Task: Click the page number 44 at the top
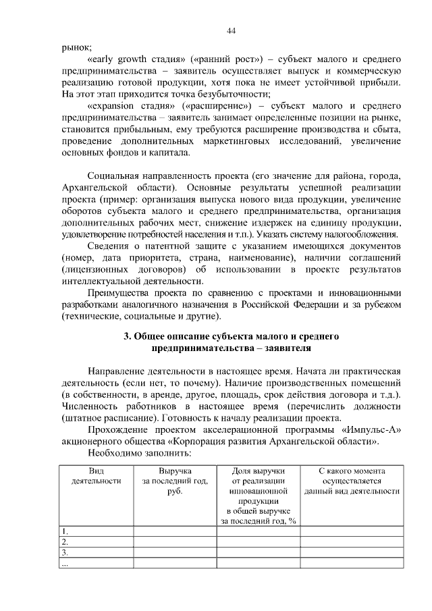(x=231, y=31)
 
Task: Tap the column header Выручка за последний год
(x=175, y=481)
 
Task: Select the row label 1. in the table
(x=65, y=531)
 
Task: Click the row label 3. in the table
(x=65, y=553)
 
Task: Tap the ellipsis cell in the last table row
(x=65, y=564)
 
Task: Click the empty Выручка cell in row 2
(x=175, y=542)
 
